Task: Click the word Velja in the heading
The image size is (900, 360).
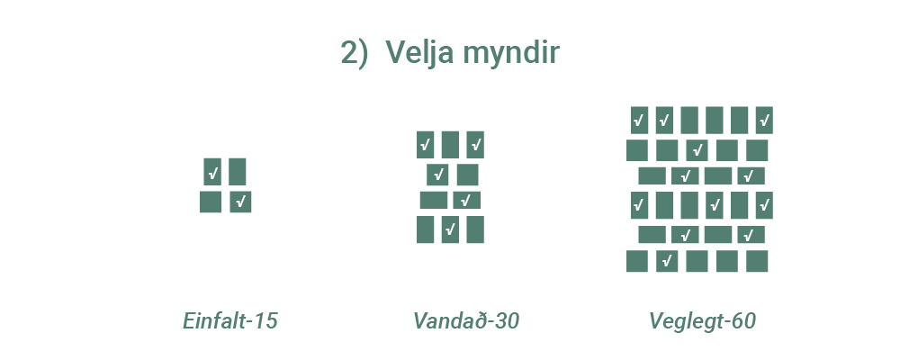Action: coord(418,53)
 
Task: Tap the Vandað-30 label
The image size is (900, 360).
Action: coord(466,321)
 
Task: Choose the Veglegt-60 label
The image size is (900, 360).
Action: coord(702,321)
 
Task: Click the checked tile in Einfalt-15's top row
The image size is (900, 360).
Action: coord(212,171)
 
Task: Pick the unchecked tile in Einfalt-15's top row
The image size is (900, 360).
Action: coord(238,171)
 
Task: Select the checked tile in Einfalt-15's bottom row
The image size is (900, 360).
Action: coord(240,202)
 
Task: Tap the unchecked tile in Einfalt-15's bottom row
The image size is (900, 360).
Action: coord(211,202)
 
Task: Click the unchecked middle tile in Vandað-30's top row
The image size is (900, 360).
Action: coord(450,144)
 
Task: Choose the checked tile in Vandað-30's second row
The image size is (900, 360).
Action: coord(438,175)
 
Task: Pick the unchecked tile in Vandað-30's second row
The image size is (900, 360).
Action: coord(468,175)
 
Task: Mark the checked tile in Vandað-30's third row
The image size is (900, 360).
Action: coord(466,200)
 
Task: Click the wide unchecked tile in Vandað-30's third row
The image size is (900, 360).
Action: coord(434,200)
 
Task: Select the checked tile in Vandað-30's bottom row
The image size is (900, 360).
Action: coord(450,229)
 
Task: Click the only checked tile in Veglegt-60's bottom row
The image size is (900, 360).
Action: coord(667,261)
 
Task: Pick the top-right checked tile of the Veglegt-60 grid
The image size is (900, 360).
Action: coord(764,120)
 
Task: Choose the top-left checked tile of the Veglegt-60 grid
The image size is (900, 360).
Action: coord(639,120)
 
